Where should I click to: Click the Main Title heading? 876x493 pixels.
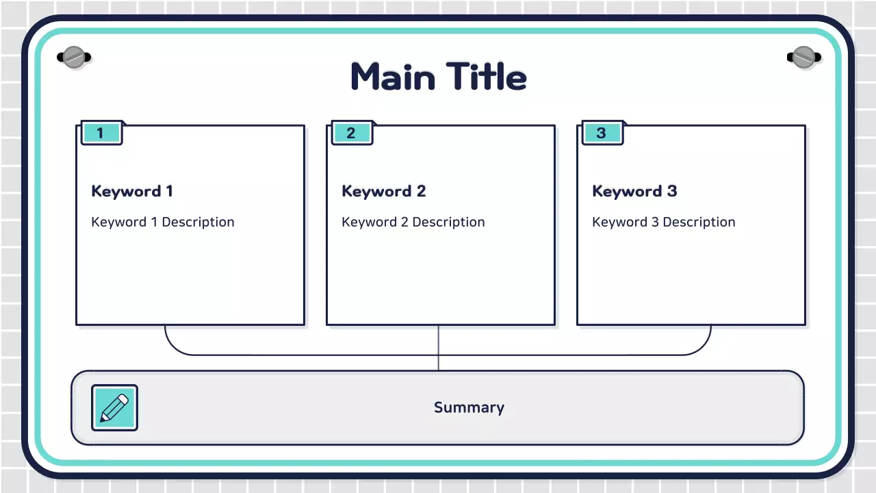[439, 77]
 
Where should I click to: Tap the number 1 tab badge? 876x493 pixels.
[101, 133]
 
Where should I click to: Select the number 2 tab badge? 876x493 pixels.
[351, 133]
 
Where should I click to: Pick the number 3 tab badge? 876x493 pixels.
[602, 133]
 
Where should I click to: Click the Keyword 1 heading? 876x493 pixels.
[132, 192]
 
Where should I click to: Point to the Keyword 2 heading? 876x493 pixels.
[383, 192]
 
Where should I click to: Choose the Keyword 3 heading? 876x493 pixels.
[634, 192]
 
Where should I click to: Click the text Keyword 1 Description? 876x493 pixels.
[163, 222]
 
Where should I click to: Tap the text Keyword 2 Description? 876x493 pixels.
[413, 222]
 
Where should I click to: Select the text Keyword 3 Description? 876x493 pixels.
[664, 222]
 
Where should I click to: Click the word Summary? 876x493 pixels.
[469, 408]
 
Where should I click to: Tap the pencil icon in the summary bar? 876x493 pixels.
[114, 407]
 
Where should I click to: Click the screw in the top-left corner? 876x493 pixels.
[73, 57]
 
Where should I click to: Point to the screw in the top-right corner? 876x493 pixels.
[803, 57]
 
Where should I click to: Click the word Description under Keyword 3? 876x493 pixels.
[699, 222]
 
